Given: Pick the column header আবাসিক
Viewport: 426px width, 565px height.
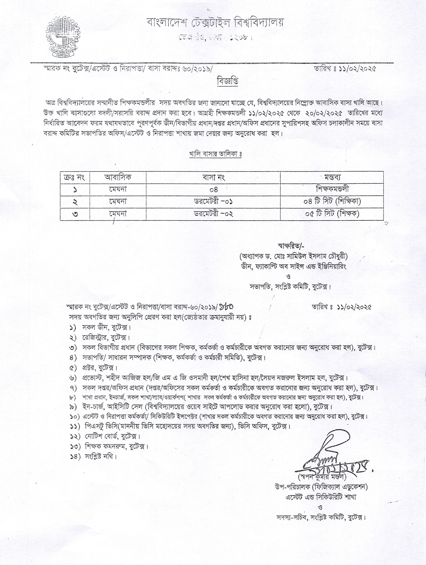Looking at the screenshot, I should pyautogui.click(x=118, y=177).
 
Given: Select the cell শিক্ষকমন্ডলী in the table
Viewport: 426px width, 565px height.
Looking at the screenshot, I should pyautogui.click(x=332, y=189).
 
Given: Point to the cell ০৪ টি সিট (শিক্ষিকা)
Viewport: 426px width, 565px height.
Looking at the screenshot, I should pyautogui.click(x=332, y=202).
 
